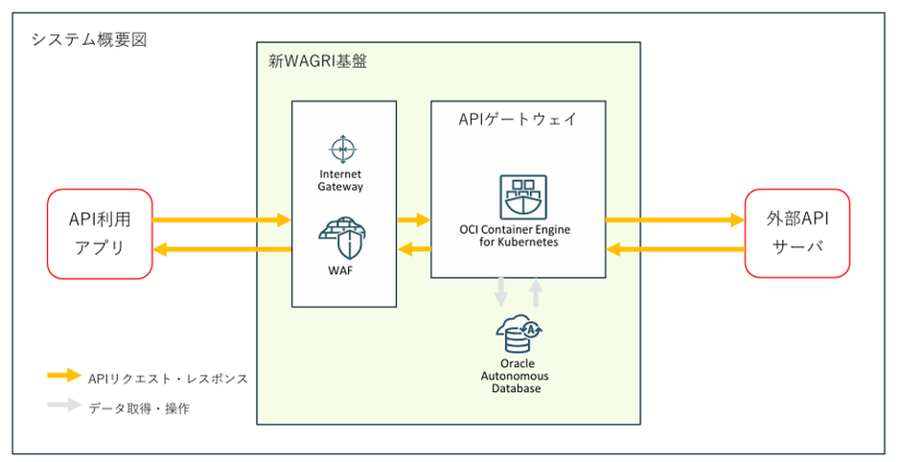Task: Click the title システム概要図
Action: pos(89,40)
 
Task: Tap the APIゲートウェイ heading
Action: pos(518,120)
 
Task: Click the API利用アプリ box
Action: pos(100,233)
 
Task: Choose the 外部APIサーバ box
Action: pos(797,233)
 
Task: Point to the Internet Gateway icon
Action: pos(343,150)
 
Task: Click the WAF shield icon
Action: pos(343,236)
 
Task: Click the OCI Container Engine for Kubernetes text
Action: pos(519,235)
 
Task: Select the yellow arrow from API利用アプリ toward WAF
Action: pos(221,220)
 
